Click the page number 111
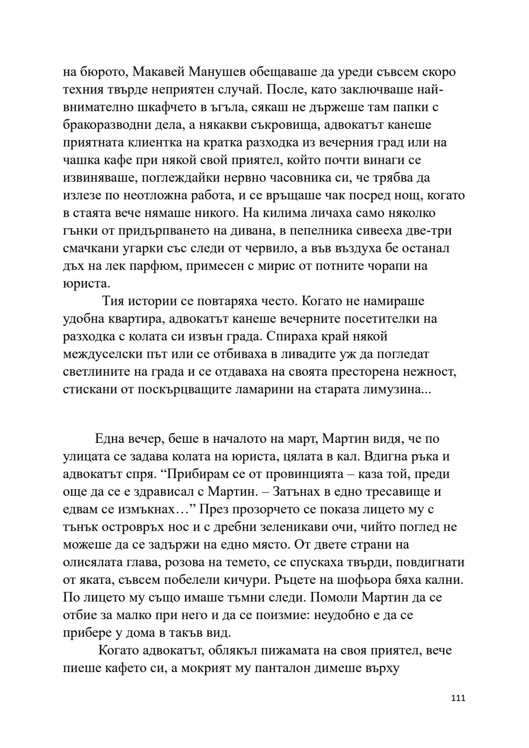457,712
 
